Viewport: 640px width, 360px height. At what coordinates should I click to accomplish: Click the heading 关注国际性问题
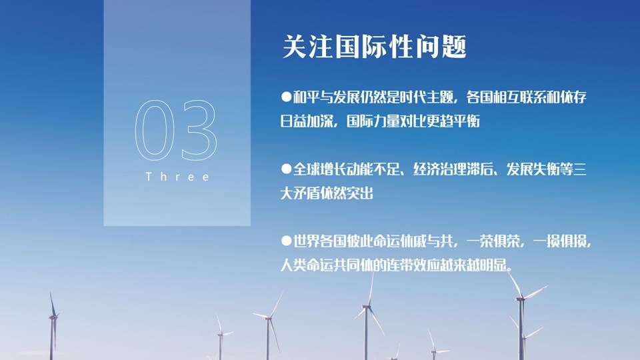374,47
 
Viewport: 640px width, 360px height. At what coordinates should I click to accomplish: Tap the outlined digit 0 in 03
152,131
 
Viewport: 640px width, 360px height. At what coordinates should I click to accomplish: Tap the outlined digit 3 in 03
199,131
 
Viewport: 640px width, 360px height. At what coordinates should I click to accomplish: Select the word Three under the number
177,177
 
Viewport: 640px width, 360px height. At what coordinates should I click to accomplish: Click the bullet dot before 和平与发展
286,97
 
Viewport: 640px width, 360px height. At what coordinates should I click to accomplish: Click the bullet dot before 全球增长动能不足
286,169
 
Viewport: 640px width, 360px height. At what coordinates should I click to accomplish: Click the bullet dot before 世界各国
286,241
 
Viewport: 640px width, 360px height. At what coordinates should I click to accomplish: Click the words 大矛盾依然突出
327,193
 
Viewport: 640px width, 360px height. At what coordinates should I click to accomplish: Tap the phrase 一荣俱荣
493,241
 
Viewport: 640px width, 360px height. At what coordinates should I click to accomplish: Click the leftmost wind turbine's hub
53,317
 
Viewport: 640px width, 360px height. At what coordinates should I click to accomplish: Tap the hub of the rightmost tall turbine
520,299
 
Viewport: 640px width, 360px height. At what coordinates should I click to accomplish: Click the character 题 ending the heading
454,47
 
